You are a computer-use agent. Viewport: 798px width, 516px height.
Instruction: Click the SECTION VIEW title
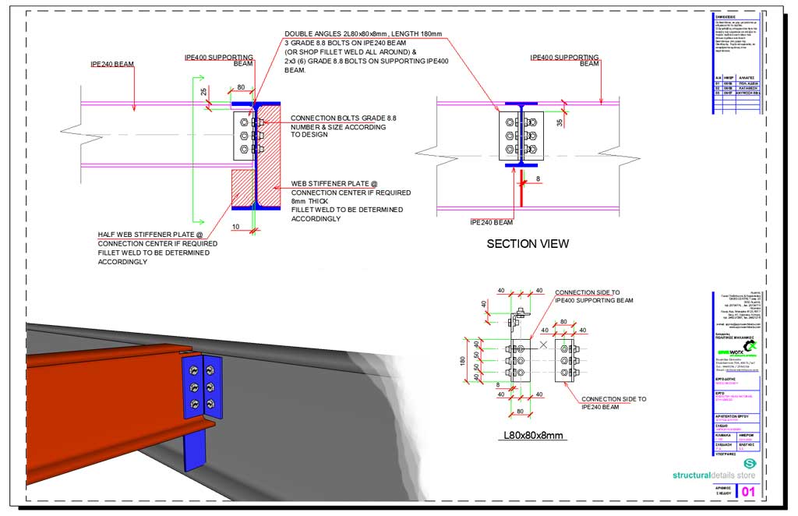coord(528,243)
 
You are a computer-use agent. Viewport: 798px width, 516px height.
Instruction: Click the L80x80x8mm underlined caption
coord(535,434)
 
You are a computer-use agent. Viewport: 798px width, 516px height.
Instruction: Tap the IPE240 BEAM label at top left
coord(112,64)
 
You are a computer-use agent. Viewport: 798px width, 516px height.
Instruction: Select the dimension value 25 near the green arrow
coord(204,92)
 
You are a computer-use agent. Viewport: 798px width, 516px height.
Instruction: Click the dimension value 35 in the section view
coord(560,123)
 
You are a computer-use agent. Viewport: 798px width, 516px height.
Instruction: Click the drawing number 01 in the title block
coord(747,492)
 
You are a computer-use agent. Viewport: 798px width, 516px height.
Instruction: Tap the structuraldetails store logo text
coord(714,475)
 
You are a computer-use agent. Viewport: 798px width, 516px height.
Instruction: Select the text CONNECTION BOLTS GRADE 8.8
coord(343,118)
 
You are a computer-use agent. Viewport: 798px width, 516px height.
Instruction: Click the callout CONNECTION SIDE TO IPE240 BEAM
coord(613,402)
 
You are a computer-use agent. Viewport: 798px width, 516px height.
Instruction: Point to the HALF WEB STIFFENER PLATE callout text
coord(150,235)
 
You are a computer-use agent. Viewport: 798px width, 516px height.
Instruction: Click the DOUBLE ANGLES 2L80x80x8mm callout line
coord(363,34)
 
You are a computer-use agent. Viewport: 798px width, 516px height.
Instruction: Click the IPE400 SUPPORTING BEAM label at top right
coord(565,60)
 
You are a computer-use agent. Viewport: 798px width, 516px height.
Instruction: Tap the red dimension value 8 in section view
coord(537,178)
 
